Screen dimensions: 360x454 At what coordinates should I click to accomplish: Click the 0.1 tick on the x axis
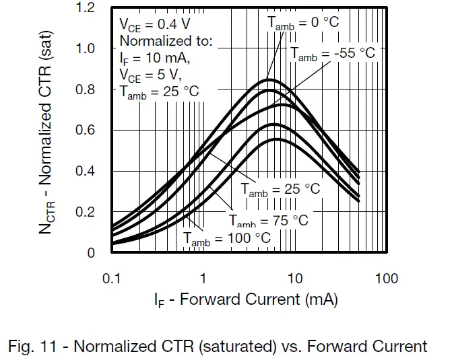pos(111,278)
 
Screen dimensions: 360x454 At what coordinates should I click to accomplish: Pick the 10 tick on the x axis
pos(295,278)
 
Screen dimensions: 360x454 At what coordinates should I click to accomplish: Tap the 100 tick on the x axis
pos(387,278)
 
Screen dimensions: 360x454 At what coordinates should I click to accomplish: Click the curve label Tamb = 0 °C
pos(304,22)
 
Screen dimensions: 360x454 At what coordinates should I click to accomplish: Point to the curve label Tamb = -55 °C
pos(333,53)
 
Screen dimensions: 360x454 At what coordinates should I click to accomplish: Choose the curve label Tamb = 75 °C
pos(268,220)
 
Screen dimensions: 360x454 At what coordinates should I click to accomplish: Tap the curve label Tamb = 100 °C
pos(227,238)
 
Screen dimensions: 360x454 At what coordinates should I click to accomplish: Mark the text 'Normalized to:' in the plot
pos(166,42)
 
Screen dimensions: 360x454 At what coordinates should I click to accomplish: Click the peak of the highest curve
pos(267,79)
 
